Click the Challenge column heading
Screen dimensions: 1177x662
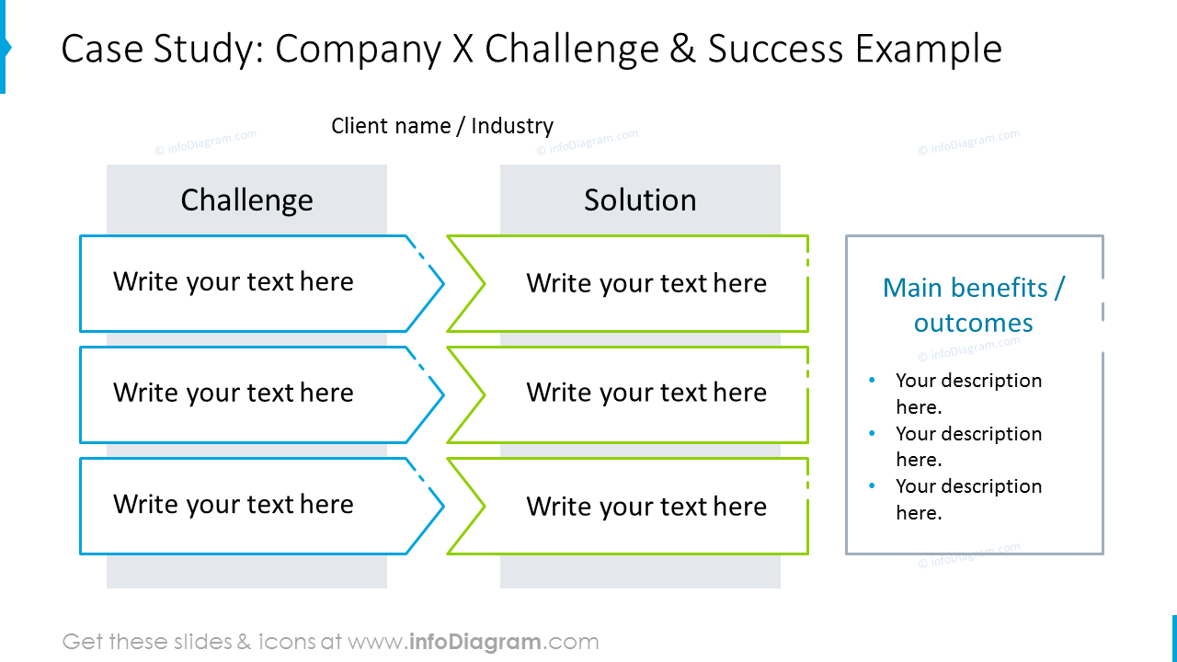(247, 200)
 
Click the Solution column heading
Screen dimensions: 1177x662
(640, 200)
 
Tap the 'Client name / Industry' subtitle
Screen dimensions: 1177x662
(442, 126)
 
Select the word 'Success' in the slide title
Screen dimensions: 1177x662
(775, 49)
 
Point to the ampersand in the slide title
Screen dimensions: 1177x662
(683, 49)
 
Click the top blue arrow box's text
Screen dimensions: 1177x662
(234, 282)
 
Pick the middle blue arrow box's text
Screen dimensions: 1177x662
(234, 393)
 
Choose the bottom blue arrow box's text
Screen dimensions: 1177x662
(234, 505)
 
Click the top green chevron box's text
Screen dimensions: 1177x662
(646, 284)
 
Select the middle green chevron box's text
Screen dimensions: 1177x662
(646, 393)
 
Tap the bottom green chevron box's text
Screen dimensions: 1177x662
(646, 507)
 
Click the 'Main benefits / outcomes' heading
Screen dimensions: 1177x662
(974, 305)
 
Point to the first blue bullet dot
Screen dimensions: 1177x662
(873, 380)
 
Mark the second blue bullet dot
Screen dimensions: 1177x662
(873, 433)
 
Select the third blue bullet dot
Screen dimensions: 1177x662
(873, 485)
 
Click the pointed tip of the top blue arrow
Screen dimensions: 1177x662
(444, 284)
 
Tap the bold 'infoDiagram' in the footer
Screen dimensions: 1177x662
(475, 642)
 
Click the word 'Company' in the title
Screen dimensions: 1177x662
(359, 50)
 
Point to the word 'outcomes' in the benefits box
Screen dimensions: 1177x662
(974, 323)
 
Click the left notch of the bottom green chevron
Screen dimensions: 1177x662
(485, 507)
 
